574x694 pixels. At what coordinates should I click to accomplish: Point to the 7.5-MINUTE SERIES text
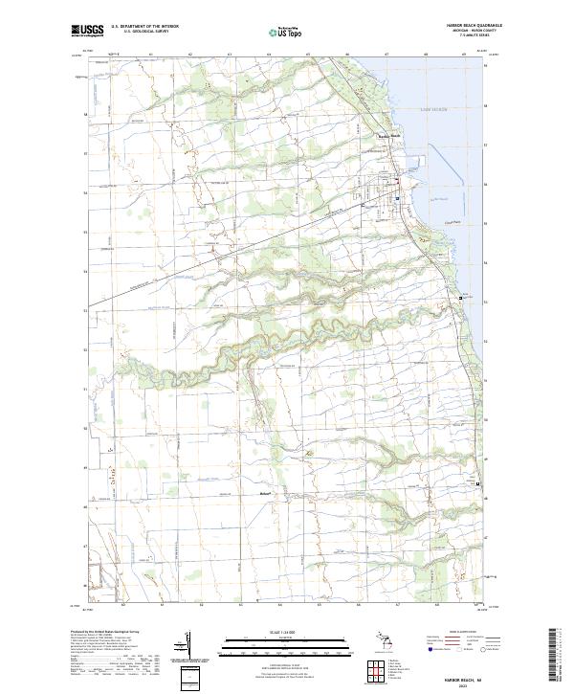[486, 38]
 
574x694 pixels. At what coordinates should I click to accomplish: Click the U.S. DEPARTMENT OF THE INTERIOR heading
[145, 26]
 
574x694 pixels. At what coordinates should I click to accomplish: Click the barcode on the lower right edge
[559, 660]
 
